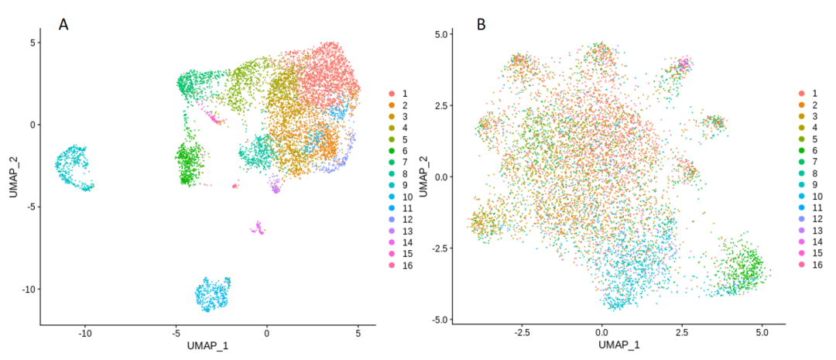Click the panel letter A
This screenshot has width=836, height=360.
pos(64,24)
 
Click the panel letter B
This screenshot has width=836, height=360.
pos(481,24)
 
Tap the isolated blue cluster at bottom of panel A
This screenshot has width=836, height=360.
pos(213,294)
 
